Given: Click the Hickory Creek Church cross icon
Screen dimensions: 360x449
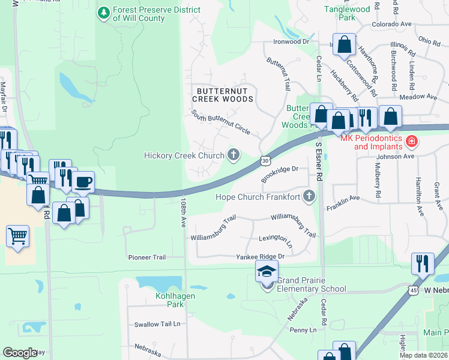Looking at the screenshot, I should point(234,155).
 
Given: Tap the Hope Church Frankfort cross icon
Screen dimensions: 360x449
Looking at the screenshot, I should point(309,196).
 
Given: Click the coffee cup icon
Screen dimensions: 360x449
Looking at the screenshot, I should point(83,181).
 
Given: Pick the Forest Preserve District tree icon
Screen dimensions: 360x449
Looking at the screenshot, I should point(104,12).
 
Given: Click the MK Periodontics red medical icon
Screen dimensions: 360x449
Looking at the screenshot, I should point(412,142).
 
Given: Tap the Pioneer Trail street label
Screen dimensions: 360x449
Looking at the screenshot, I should point(146,257).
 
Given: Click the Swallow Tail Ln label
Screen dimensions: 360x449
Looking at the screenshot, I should point(157,325).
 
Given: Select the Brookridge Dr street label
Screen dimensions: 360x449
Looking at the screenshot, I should point(280,174).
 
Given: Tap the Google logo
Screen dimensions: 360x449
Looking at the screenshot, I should point(20,353).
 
